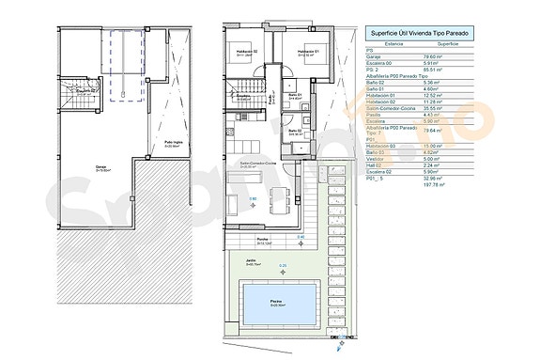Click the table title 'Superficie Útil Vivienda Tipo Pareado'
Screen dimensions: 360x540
pyautogui.click(x=418, y=34)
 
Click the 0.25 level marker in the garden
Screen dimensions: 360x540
pyautogui.click(x=284, y=266)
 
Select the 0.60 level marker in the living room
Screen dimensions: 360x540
pyautogui.click(x=253, y=198)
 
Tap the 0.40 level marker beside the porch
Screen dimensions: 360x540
pyautogui.click(x=301, y=236)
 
